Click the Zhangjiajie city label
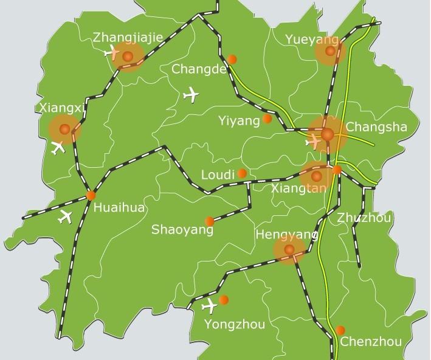point(128,38)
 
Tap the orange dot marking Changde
point(232,59)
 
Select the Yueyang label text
point(312,40)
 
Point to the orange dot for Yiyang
point(267,119)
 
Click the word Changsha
point(376,128)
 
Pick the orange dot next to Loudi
point(242,173)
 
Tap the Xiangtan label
point(298,189)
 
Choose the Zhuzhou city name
point(365,218)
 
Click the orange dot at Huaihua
point(91,195)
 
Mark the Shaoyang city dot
point(210,221)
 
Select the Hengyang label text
point(287,235)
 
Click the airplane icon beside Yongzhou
point(210,305)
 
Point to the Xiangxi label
point(61,108)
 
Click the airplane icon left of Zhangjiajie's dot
point(112,52)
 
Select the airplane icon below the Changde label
point(191,95)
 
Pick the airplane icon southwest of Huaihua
point(65,216)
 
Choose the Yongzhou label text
point(235,324)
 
